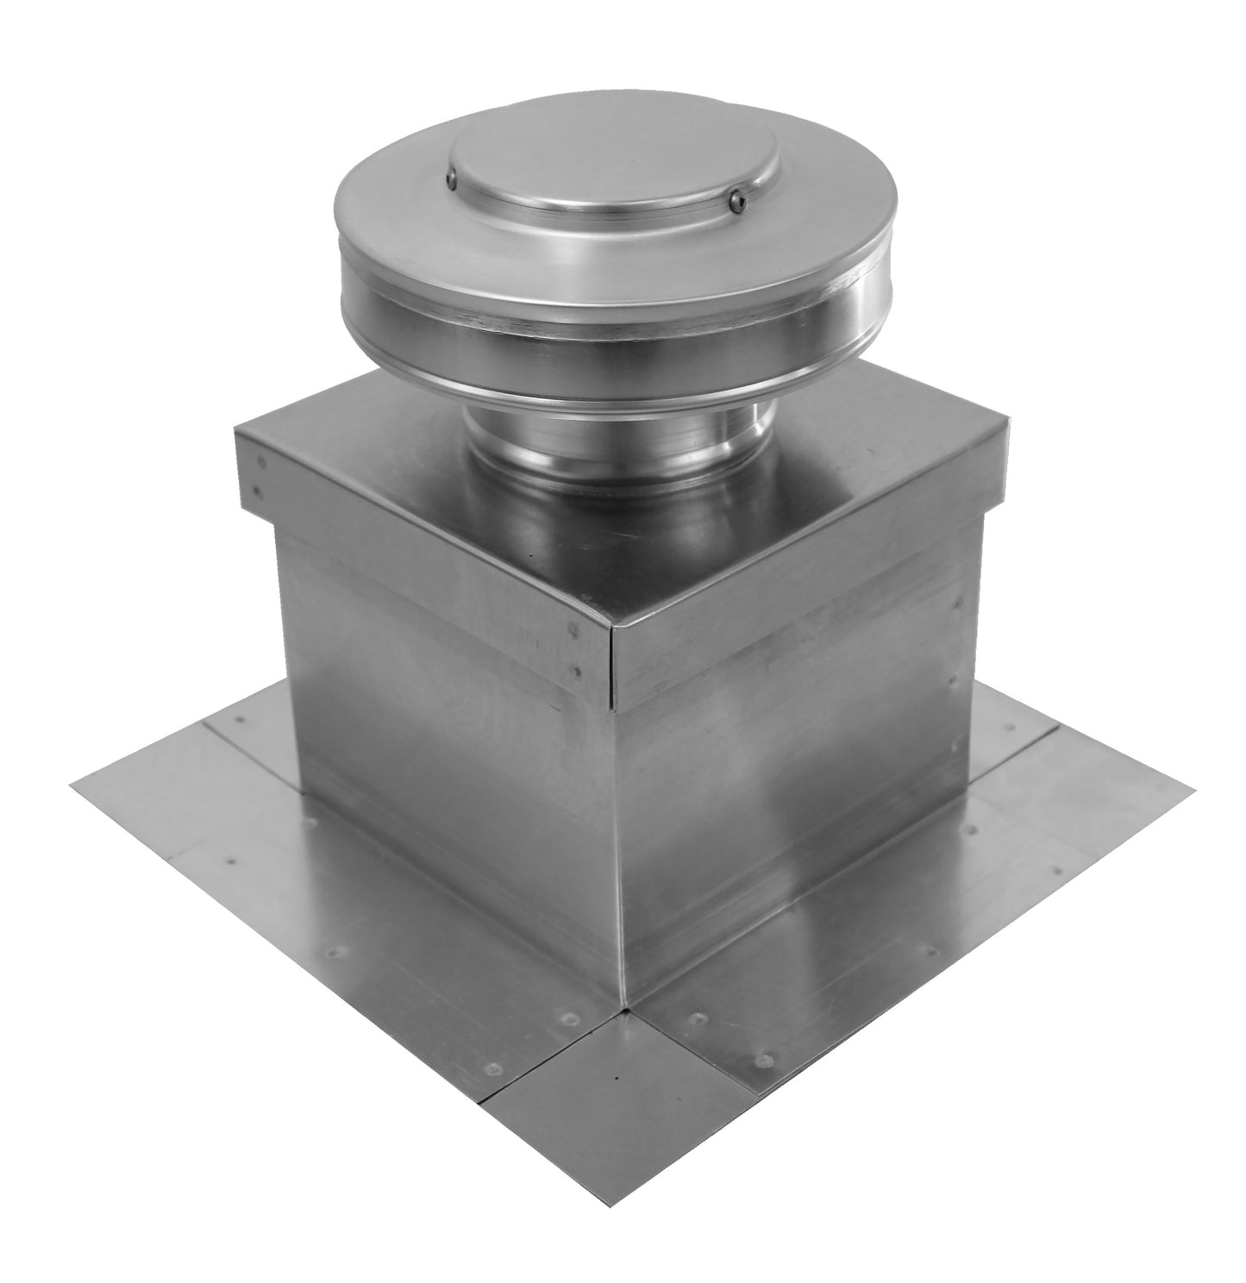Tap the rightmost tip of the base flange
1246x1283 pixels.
(1196, 786)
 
